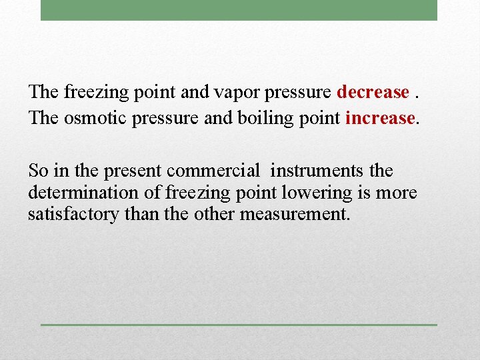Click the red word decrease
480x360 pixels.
373,91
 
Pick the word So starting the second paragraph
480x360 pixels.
39,170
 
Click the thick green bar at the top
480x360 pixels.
239,10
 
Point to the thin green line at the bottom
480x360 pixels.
239,325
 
